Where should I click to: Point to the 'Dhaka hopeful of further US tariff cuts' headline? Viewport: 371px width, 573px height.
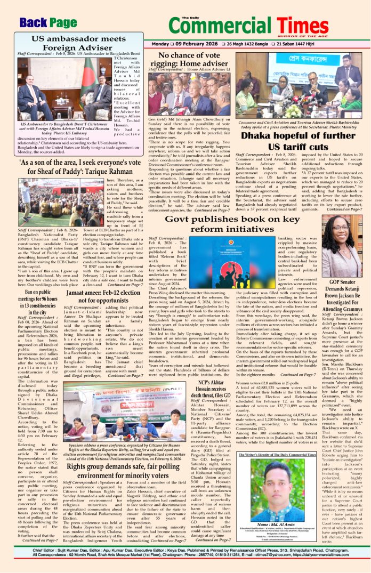[292, 141]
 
